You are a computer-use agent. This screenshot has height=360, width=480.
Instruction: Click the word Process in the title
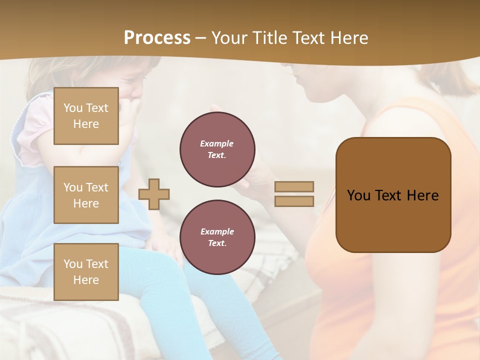tap(157, 38)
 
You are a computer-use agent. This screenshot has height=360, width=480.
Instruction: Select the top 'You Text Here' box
tap(86, 116)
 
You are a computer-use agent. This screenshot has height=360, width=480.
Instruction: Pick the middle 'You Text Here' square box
tap(86, 195)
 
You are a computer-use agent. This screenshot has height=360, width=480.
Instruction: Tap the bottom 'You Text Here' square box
tap(86, 272)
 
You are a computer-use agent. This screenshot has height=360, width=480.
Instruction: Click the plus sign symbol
tap(154, 193)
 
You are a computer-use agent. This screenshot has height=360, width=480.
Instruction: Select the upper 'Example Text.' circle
tap(217, 149)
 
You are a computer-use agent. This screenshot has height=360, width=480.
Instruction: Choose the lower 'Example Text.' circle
tap(217, 237)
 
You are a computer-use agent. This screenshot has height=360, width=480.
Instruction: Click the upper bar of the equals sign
tap(294, 186)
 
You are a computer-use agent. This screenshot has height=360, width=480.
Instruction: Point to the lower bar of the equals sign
tap(294, 201)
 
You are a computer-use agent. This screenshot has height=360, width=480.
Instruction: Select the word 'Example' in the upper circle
tap(217, 144)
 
